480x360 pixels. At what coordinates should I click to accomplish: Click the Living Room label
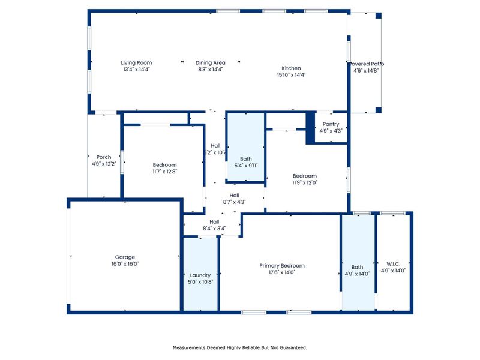click(x=136, y=62)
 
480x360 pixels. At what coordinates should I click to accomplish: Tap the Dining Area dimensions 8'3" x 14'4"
click(x=210, y=70)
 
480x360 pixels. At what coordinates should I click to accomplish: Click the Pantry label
click(x=331, y=124)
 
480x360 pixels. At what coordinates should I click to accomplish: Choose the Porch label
click(x=104, y=157)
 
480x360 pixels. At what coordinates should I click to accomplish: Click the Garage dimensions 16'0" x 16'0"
click(x=125, y=263)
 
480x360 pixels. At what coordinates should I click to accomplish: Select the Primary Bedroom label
click(x=281, y=266)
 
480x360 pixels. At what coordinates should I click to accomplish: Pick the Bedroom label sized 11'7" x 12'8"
click(x=164, y=165)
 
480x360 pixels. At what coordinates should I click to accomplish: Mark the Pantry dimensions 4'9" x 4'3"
click(x=331, y=130)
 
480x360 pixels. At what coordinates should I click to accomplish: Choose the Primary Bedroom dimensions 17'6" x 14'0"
click(x=281, y=272)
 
